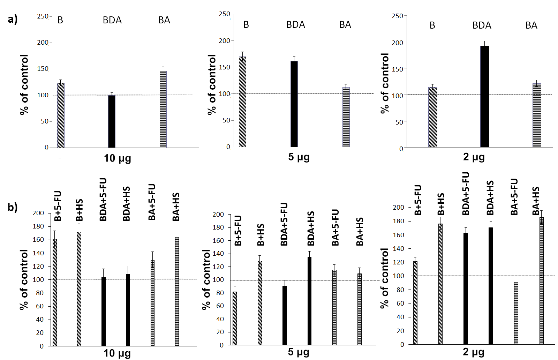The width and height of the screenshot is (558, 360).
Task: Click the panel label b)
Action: [x=13, y=207]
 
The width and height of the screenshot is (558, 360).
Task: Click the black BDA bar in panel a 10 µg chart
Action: [x=112, y=121]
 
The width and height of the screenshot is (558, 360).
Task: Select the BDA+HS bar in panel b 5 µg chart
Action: [x=309, y=301]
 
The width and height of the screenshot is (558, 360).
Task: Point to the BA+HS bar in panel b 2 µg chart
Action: [x=541, y=280]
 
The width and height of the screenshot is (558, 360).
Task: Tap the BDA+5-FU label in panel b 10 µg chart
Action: [x=103, y=200]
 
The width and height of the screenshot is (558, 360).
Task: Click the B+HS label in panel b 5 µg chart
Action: [x=261, y=234]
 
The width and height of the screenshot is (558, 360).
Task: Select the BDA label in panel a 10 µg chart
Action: [x=112, y=20]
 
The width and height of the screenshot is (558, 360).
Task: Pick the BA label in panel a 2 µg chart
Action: [x=531, y=25]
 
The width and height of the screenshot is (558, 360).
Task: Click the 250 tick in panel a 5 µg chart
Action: [x=224, y=14]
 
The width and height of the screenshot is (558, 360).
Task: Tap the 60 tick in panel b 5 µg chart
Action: [x=220, y=306]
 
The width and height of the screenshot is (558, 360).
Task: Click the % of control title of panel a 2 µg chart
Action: [x=385, y=83]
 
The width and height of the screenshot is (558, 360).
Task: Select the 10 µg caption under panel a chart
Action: [x=118, y=158]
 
